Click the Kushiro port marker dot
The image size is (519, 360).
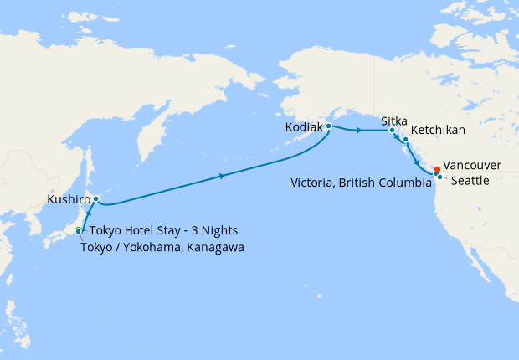pyautogui.click(x=96, y=199)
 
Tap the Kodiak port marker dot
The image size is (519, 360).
pyautogui.click(x=329, y=126)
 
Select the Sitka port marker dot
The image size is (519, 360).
pyautogui.click(x=392, y=131)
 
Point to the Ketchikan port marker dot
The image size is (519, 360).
pyautogui.click(x=405, y=139)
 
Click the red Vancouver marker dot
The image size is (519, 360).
pyautogui.click(x=437, y=169)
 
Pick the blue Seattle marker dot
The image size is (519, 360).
pyautogui.click(x=439, y=177)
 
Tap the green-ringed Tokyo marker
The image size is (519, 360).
pyautogui.click(x=78, y=231)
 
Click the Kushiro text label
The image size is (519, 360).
pyautogui.click(x=68, y=201)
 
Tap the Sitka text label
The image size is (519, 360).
pyautogui.click(x=394, y=121)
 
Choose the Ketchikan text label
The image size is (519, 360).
pyautogui.click(x=438, y=131)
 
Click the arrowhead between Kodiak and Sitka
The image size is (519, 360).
pyautogui.click(x=359, y=131)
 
